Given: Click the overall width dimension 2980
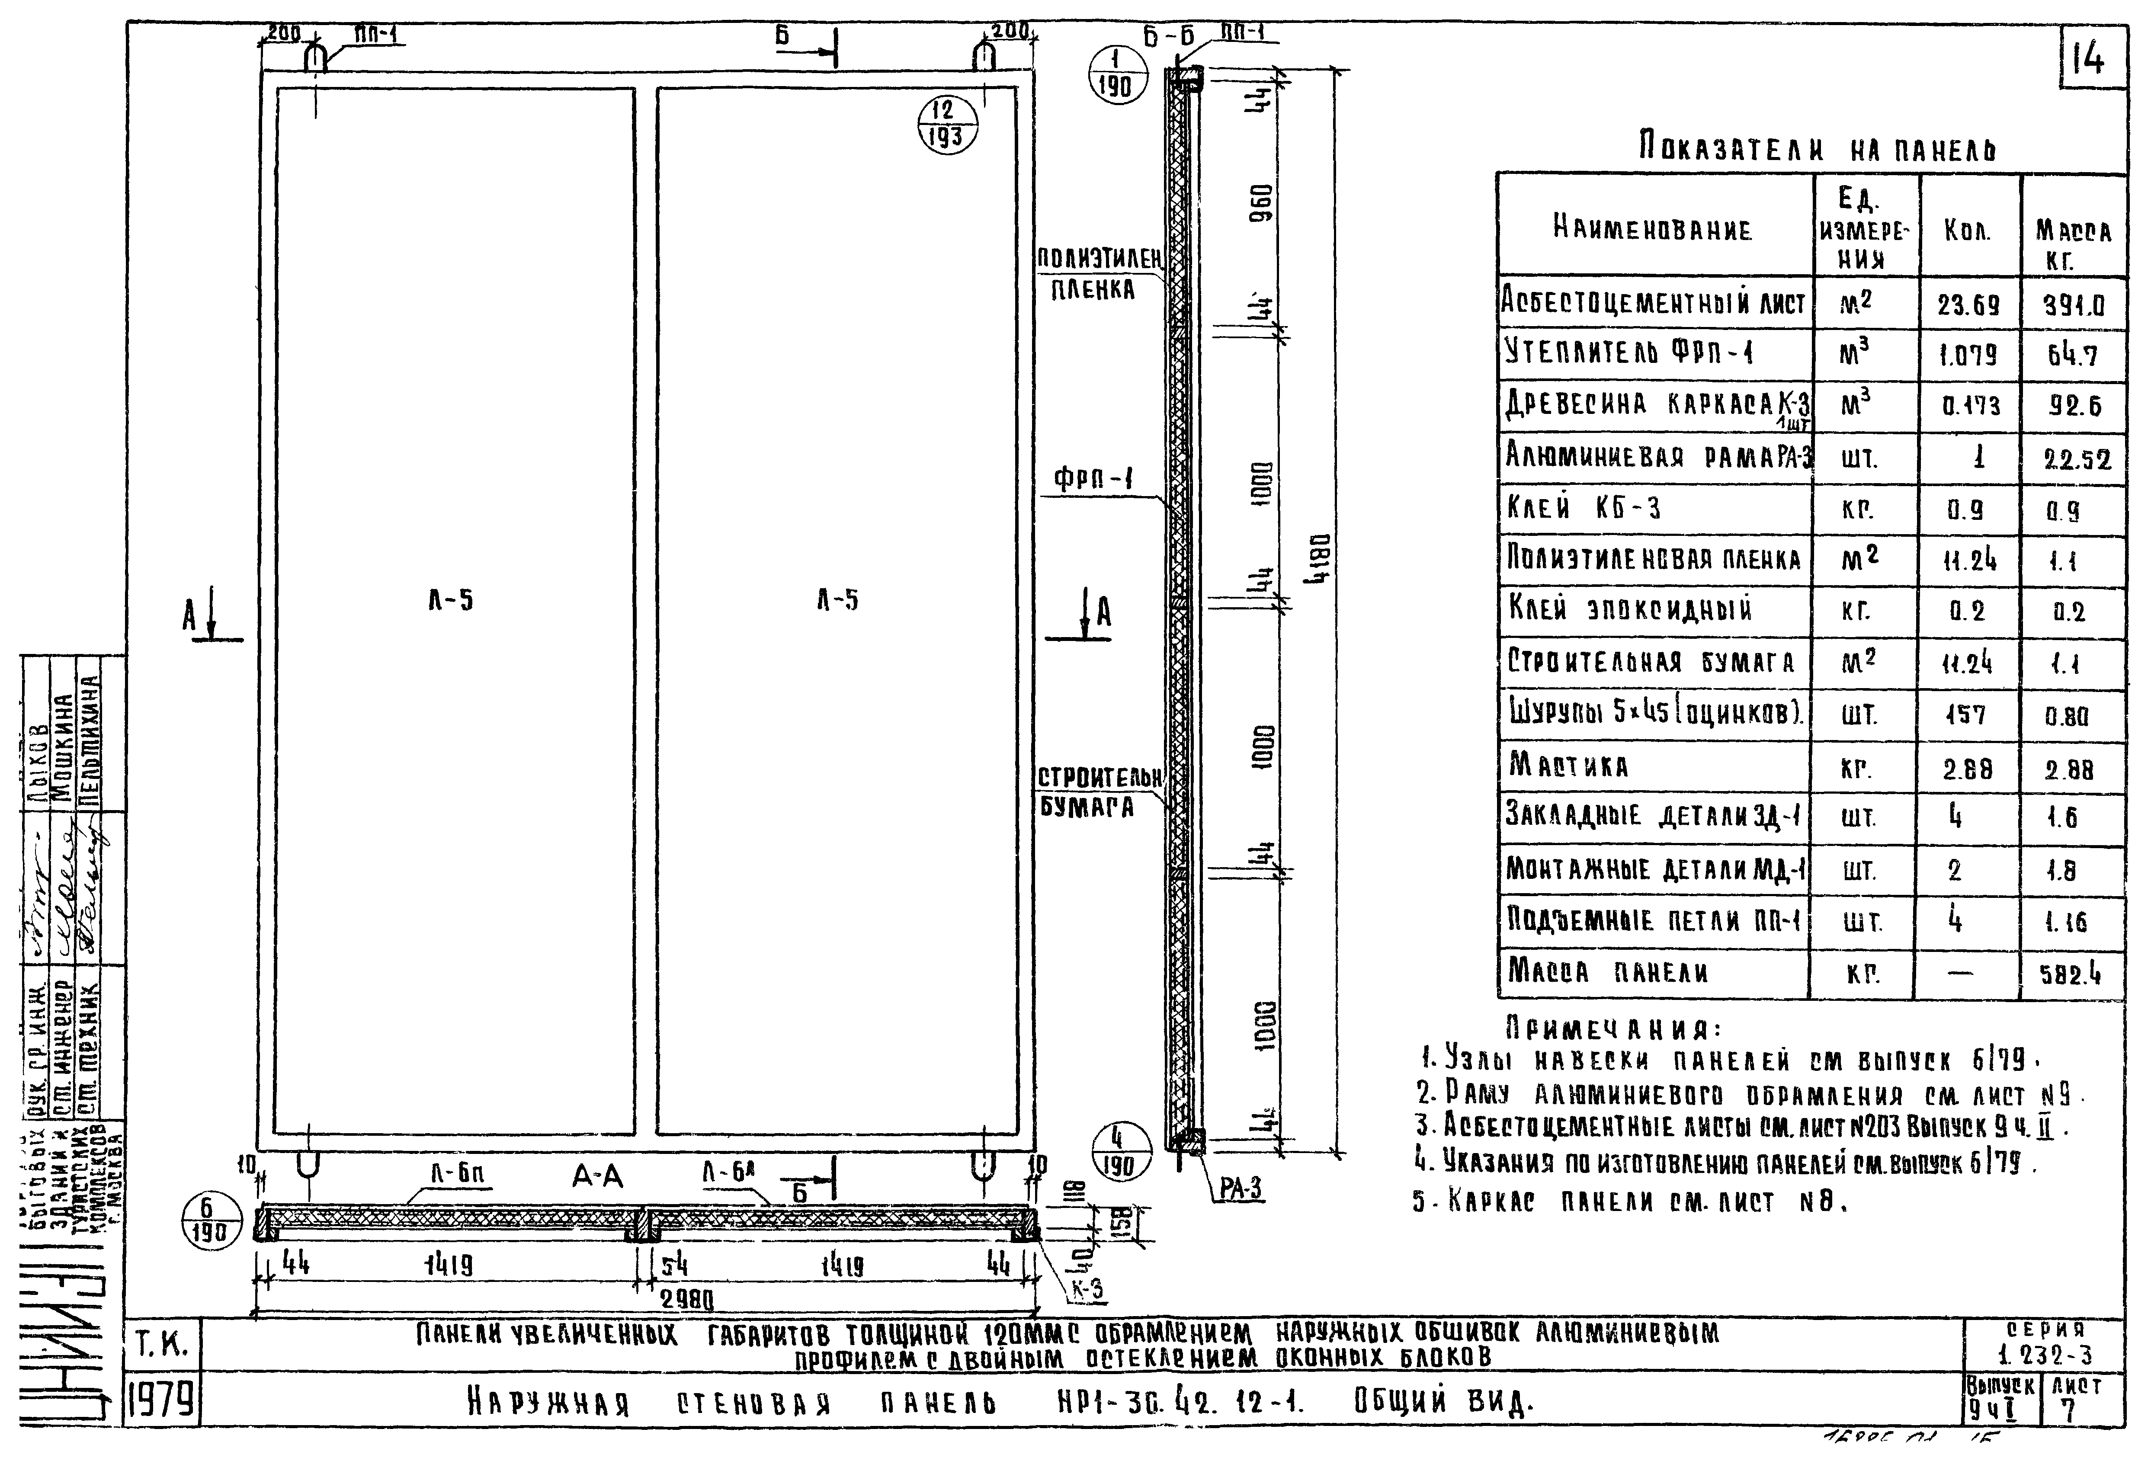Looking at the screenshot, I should [x=687, y=1300].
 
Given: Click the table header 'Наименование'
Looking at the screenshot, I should [x=1652, y=227].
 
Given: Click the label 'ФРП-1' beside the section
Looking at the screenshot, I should [x=1093, y=479].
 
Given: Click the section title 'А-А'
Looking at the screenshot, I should [x=597, y=1177].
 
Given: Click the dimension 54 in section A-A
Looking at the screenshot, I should [x=674, y=1265].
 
